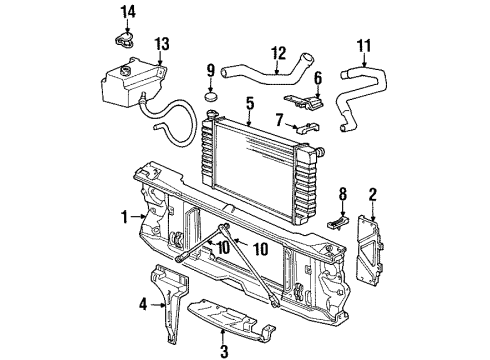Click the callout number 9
click(x=209, y=70)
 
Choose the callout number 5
click(x=318, y=77)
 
